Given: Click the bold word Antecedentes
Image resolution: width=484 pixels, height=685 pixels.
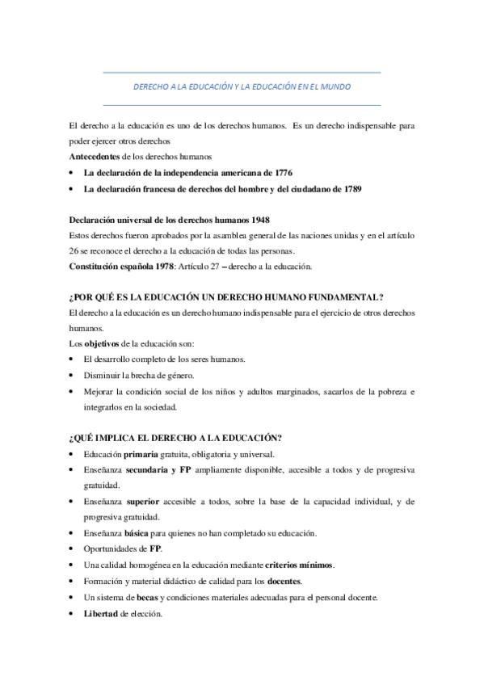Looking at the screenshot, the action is (96, 155).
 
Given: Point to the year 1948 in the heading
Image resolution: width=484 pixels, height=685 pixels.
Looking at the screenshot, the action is (259, 220).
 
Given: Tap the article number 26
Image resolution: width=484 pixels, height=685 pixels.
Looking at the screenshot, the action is (76, 250).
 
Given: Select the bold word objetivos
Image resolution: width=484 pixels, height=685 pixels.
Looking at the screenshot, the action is (103, 343).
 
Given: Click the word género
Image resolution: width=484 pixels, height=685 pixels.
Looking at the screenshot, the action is (178, 375).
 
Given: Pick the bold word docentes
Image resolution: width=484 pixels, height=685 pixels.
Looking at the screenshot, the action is (285, 581).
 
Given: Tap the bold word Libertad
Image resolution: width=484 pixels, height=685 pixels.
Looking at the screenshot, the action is (100, 612).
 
